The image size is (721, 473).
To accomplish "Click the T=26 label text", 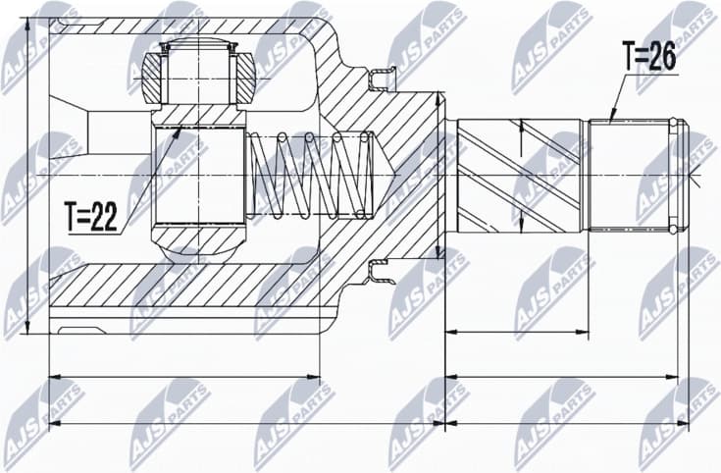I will click(x=648, y=57).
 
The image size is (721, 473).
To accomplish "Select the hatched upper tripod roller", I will click(x=158, y=76).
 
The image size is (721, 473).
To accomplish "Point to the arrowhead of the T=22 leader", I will click(x=180, y=131).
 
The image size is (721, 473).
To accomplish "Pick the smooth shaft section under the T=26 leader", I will click(x=628, y=175).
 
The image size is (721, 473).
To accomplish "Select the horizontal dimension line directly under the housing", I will click(x=184, y=376).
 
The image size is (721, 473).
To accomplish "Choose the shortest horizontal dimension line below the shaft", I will click(x=517, y=333).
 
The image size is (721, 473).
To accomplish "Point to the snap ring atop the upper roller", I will click(x=197, y=44).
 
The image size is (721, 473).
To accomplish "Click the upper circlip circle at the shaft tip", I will click(x=673, y=123).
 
